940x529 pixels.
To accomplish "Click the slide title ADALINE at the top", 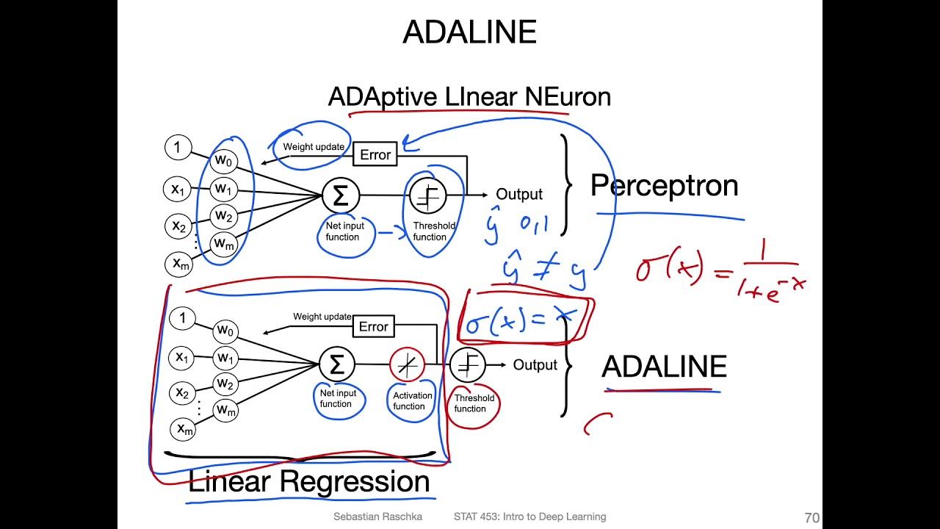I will (469, 32).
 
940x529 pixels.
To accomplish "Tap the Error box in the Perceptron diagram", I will (375, 155).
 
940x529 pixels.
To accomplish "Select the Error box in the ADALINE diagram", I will (373, 327).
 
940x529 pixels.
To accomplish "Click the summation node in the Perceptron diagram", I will (340, 195).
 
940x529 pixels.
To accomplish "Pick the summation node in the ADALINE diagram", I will (337, 364).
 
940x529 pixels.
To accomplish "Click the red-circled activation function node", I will (407, 364).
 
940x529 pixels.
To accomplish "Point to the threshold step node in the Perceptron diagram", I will (427, 195).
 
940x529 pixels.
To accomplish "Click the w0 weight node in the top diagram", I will (223, 160).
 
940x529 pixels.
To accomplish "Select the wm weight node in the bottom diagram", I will (226, 410).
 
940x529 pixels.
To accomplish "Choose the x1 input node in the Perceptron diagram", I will (178, 190).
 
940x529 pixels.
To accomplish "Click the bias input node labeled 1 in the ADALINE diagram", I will (182, 318).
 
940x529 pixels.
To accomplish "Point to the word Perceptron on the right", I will (664, 186).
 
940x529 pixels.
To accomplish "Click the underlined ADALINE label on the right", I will (664, 367).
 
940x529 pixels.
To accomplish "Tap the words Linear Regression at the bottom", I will (308, 482).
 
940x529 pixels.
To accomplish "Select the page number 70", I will (811, 517).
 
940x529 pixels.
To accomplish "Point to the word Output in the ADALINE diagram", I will (535, 365).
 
